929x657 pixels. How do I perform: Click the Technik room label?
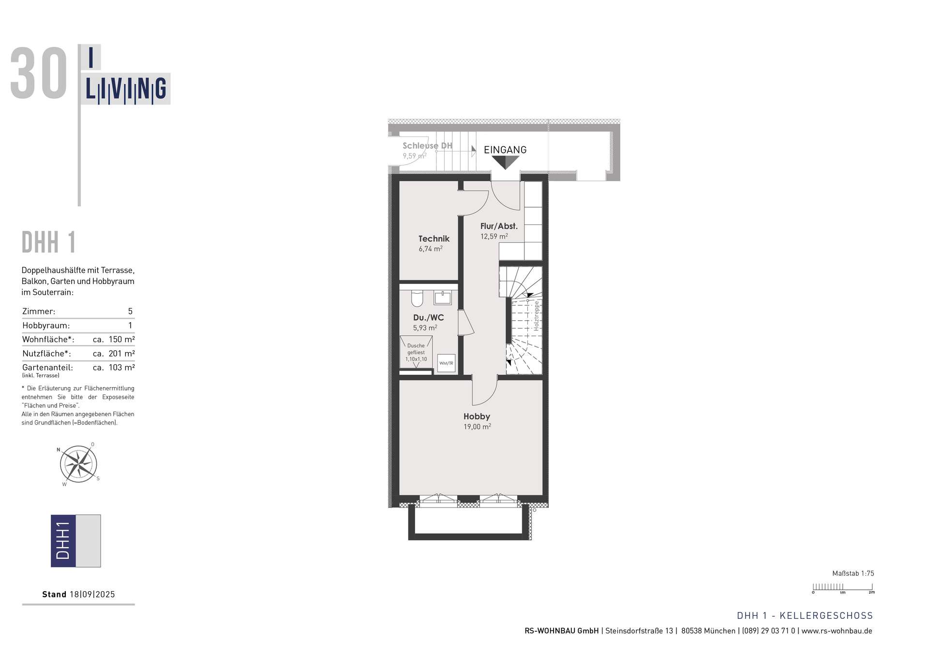(434, 239)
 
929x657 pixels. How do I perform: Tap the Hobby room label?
(477, 416)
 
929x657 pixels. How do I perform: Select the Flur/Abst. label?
(499, 226)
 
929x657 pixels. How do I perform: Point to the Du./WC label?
(428, 317)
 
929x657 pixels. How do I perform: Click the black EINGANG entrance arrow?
(505, 163)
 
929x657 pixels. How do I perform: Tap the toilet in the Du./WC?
(417, 299)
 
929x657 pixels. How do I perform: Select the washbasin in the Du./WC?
(443, 298)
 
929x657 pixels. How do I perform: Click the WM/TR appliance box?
(446, 363)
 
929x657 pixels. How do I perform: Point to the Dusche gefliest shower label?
(416, 352)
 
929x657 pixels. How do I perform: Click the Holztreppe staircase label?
(536, 316)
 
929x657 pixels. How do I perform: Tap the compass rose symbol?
(78, 464)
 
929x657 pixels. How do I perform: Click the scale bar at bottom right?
(843, 588)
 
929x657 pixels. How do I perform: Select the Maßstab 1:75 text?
(853, 573)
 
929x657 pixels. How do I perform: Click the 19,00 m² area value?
(477, 427)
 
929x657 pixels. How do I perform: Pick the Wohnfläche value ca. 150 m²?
(114, 339)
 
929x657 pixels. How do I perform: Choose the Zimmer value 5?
(130, 311)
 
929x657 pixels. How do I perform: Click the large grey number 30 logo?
(39, 74)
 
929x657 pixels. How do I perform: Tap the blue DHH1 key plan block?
(63, 541)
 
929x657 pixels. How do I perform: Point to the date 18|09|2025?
(92, 594)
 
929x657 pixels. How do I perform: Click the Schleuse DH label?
(427, 146)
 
